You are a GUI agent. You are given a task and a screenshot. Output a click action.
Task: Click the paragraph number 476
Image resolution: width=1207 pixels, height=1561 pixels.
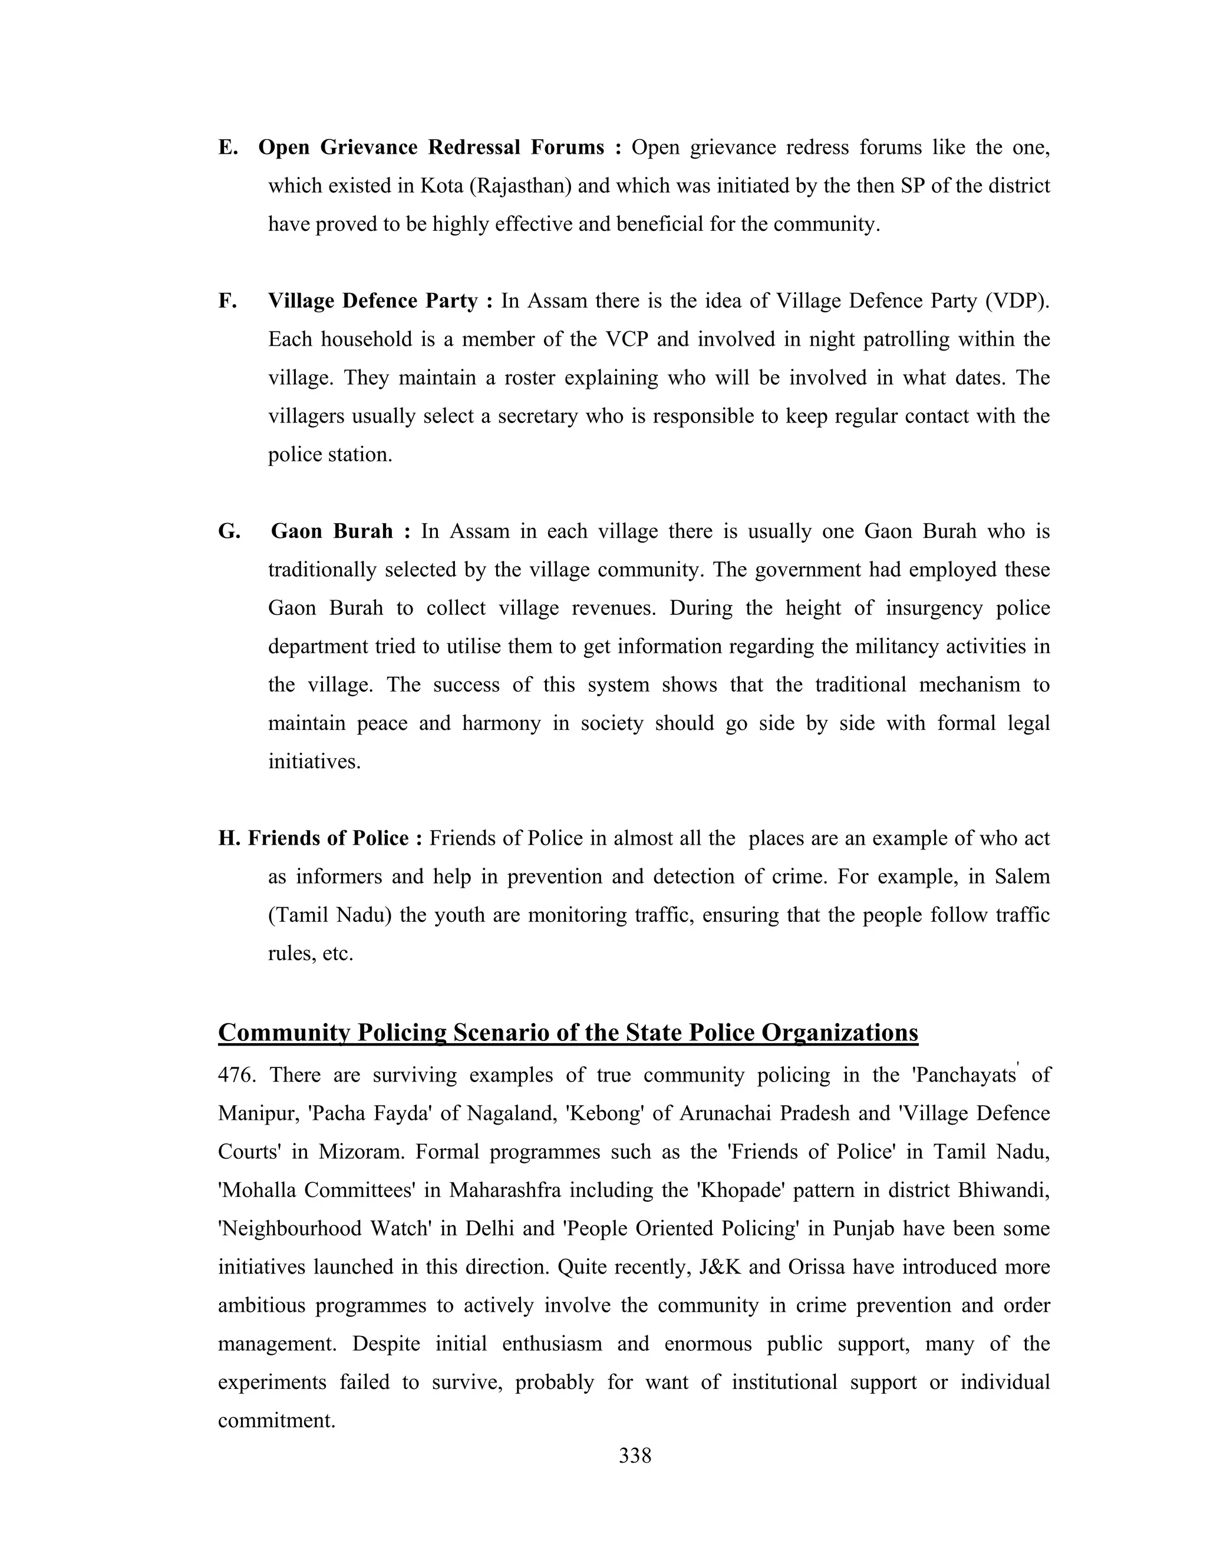click(236, 1075)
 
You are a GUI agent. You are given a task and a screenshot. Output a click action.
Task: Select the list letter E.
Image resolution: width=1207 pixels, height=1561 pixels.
click(227, 147)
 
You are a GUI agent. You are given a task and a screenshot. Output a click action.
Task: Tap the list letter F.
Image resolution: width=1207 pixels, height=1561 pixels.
click(227, 301)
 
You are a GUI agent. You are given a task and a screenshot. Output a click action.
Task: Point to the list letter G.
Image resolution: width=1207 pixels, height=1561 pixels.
click(229, 531)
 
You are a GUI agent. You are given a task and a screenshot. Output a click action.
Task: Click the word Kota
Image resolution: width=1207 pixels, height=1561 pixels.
click(441, 186)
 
